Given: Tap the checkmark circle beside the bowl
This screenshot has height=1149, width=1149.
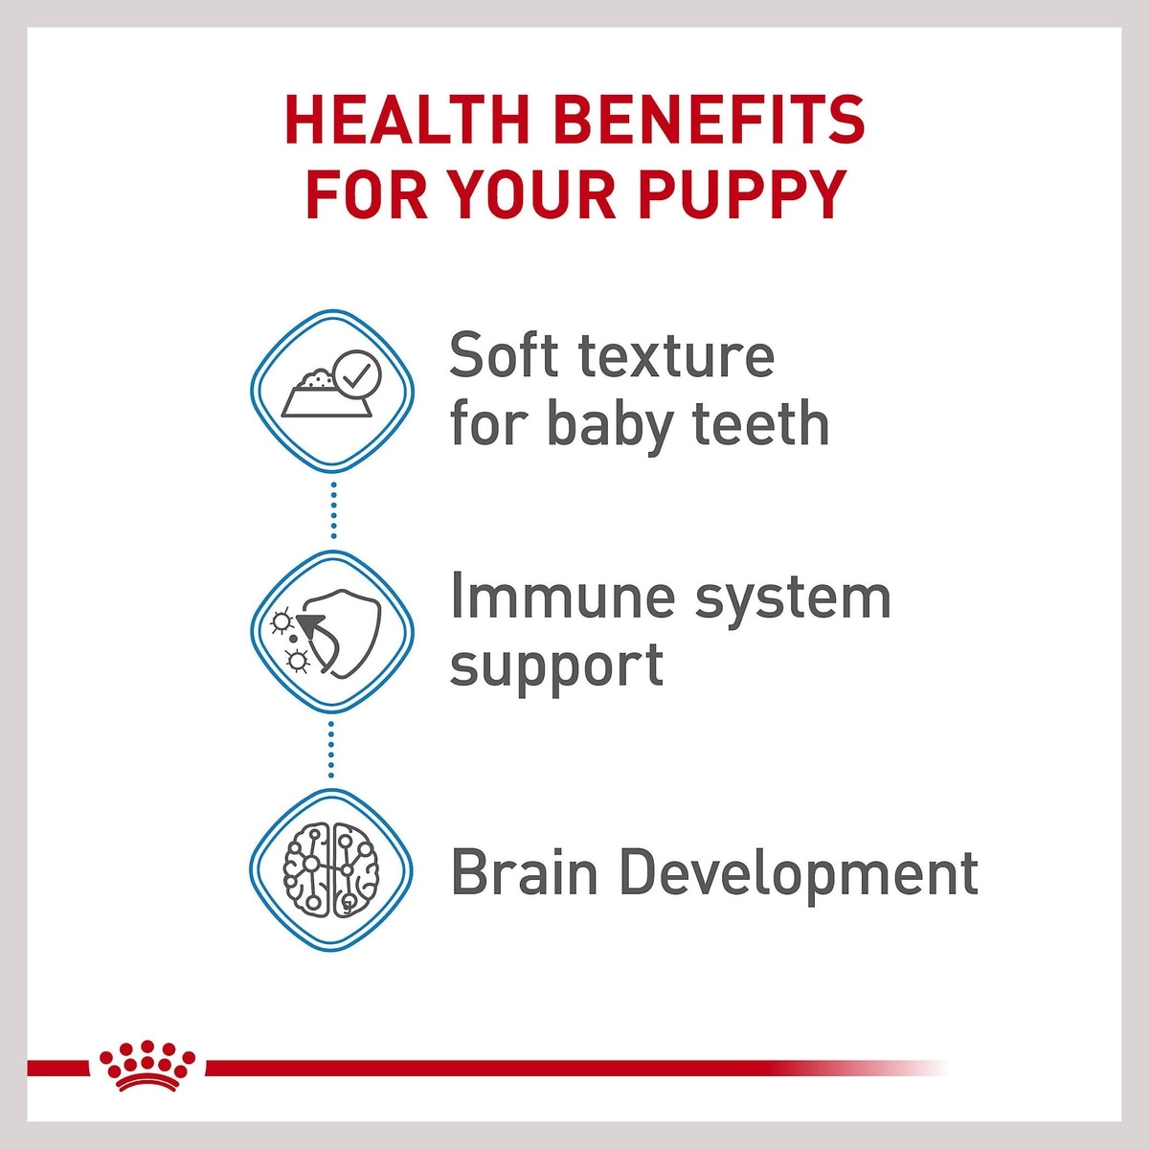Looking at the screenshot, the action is coord(356,372).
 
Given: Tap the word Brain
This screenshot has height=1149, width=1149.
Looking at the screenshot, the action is coord(525,871).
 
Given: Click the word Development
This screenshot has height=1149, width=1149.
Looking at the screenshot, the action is coord(799,876).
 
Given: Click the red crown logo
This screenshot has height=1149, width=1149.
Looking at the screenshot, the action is coord(147,1064).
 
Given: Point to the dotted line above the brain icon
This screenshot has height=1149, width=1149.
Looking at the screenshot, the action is coord(331,749).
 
